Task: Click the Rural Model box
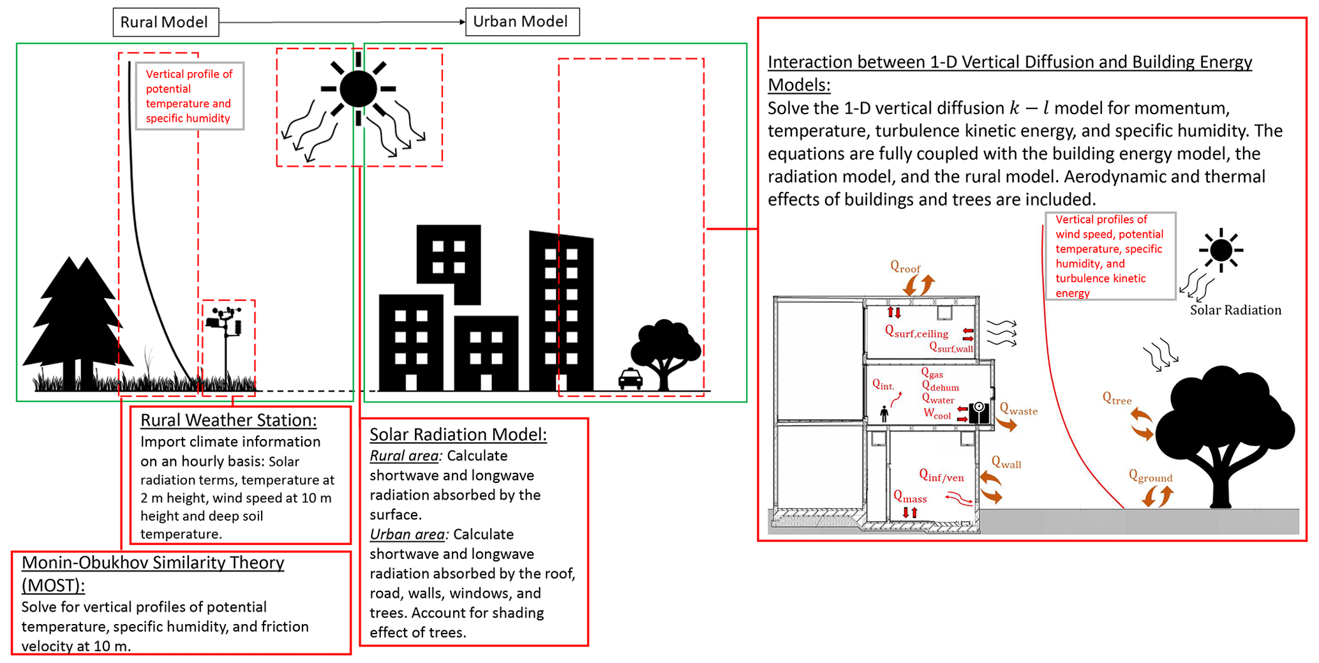click(166, 22)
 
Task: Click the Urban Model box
click(523, 22)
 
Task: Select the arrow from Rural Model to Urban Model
click(342, 22)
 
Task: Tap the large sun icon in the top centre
click(358, 89)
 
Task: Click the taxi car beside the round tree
click(630, 378)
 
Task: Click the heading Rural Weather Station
click(228, 421)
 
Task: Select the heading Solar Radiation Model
click(458, 435)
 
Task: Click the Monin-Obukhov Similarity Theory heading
click(153, 574)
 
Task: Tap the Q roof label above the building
click(905, 268)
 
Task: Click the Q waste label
click(1018, 410)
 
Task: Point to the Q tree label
click(1117, 399)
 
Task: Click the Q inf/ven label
click(941, 475)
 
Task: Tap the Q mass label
click(910, 497)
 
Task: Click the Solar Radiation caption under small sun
click(1235, 310)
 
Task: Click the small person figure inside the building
click(884, 414)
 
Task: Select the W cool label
click(937, 413)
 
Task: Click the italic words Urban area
click(407, 535)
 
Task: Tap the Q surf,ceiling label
click(916, 331)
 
